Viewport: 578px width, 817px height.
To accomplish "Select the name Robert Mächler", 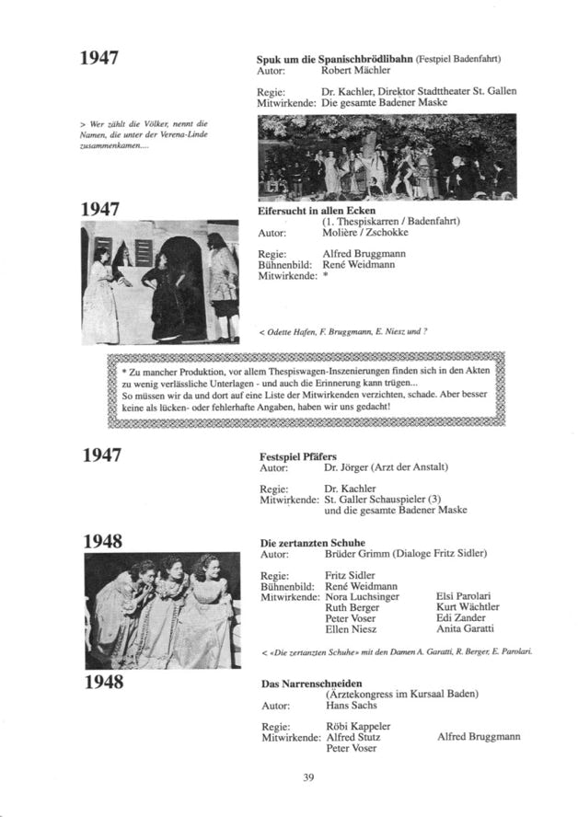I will [355, 70].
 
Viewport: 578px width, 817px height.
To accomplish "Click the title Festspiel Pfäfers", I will [298, 456].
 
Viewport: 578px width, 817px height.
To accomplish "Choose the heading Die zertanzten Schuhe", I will [313, 543].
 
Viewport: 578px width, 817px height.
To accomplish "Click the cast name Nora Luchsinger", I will [362, 597].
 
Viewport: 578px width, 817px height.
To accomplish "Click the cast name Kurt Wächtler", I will [467, 607].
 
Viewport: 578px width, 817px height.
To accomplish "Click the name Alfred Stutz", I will [353, 737].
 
